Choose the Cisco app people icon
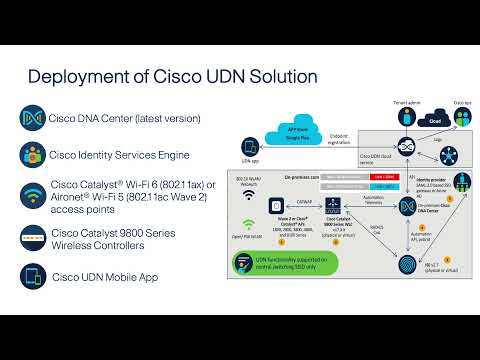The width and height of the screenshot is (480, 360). (462, 116)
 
